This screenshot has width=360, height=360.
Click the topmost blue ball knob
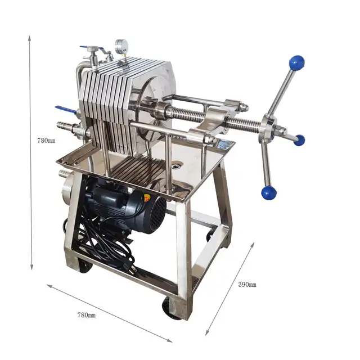296,62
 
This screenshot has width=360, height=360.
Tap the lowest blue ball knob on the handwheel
269,193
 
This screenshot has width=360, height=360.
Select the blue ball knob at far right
299,140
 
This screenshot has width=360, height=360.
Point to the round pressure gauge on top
120,47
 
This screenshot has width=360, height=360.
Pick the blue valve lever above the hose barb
63,109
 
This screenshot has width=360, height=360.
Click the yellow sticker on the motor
147,197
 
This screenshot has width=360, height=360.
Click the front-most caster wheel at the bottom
172,307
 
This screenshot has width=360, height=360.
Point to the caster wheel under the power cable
85,265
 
